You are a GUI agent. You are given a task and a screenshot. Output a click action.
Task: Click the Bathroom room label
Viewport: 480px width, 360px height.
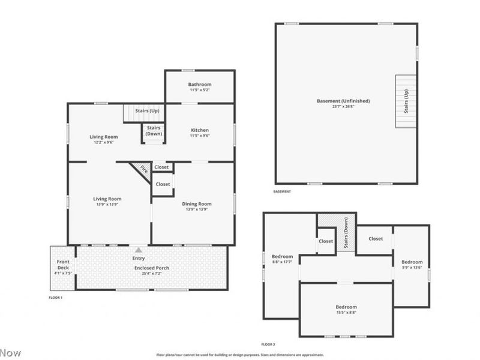(x=200, y=85)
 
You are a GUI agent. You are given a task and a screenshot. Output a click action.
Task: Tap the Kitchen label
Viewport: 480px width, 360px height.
(x=200, y=130)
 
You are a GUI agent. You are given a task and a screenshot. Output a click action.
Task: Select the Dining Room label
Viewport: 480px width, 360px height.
(x=197, y=204)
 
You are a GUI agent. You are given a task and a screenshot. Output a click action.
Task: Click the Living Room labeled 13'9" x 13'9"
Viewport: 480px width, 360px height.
(x=107, y=199)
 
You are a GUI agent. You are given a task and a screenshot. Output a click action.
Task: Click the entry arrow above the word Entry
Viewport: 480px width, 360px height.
(x=139, y=250)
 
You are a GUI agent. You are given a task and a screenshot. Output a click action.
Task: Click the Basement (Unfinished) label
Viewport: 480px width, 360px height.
(x=343, y=101)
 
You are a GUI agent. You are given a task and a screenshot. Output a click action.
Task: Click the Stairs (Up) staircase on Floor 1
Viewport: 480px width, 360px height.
(x=143, y=112)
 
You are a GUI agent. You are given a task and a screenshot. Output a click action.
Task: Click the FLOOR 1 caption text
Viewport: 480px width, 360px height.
(x=55, y=298)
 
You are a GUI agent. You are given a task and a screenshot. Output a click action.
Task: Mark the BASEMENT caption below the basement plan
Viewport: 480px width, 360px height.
(x=282, y=192)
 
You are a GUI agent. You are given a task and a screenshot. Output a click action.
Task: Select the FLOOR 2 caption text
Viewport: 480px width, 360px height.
(x=268, y=344)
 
